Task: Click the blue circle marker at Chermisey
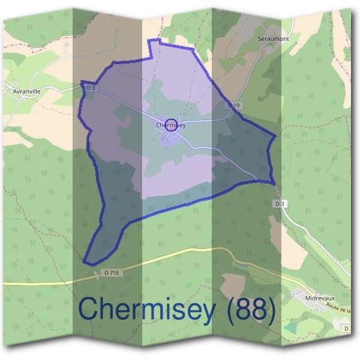coord(171,125)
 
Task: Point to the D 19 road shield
coord(234,106)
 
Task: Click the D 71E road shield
coord(111,273)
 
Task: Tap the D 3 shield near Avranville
coord(91,88)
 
